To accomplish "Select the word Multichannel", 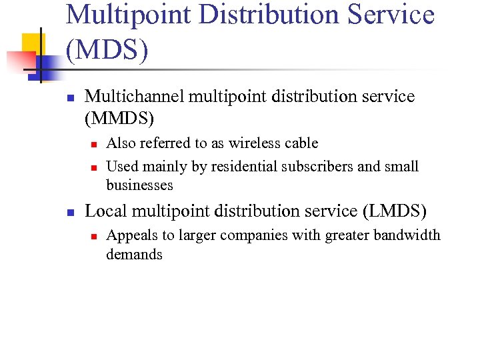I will pyautogui.click(x=135, y=97).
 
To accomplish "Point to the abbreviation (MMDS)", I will pyautogui.click(x=120, y=119).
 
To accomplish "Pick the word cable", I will pyautogui.click(x=301, y=143).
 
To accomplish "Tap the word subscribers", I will pyautogui.click(x=319, y=166).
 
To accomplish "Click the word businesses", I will pyautogui.click(x=139, y=185).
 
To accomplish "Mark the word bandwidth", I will pyautogui.click(x=407, y=235).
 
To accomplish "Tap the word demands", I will pyautogui.click(x=134, y=254).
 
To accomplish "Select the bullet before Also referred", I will pyautogui.click(x=94, y=144).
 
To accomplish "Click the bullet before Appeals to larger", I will pyautogui.click(x=94, y=236).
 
